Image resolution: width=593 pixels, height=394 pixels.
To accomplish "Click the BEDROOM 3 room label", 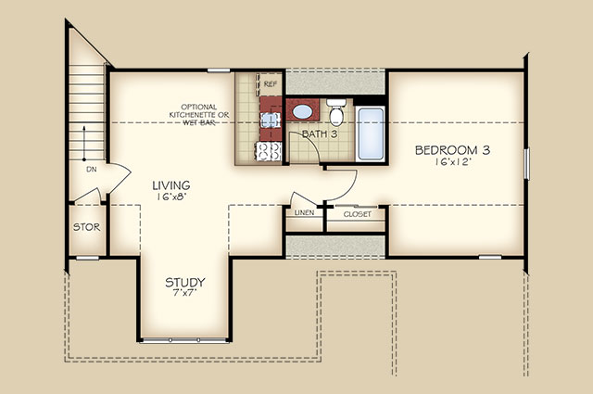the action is [x=452, y=150].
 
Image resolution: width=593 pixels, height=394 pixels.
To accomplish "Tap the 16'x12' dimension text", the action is [x=452, y=162].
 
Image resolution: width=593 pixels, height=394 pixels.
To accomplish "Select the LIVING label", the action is [x=171, y=185].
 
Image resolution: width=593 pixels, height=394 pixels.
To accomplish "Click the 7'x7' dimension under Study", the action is [x=185, y=293].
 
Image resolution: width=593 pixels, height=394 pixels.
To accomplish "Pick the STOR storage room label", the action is [x=86, y=227].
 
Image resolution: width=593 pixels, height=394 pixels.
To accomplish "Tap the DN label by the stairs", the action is [x=92, y=170].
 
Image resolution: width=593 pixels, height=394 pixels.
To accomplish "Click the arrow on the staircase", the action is [x=84, y=143].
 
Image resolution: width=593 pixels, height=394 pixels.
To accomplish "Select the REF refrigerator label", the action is [x=270, y=84].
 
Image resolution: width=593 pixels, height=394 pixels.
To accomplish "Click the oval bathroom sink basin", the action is [x=303, y=111].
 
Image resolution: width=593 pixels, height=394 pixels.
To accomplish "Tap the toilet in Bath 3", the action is [x=336, y=112].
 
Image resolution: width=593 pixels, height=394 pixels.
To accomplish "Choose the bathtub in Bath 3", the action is [x=371, y=134].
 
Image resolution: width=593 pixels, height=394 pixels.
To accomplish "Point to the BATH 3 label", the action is [x=320, y=133].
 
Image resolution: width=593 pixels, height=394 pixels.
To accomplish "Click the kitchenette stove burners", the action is [x=269, y=151].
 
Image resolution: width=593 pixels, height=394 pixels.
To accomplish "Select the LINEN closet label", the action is [x=305, y=212].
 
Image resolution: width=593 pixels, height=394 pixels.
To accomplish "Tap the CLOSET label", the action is [x=358, y=214].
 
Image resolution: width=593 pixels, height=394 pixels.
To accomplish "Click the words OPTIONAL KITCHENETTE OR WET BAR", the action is [x=199, y=115].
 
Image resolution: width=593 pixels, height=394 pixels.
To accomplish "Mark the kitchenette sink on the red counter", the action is [x=271, y=121].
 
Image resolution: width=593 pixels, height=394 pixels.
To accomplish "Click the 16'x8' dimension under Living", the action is [x=171, y=197].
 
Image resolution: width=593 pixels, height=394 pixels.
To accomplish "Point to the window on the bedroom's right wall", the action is [x=526, y=163].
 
